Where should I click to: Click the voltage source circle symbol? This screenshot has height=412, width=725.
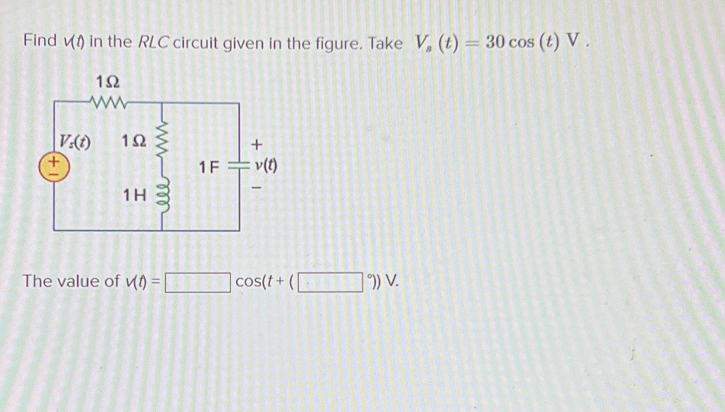coord(54,167)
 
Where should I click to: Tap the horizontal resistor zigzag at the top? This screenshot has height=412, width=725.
coord(109,102)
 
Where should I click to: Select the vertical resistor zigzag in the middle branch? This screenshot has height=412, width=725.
coord(163,141)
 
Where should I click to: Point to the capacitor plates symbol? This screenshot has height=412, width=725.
coord(239,166)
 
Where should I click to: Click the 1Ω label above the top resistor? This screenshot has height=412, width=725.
coord(108,82)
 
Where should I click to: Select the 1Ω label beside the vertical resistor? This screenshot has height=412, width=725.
coord(133,141)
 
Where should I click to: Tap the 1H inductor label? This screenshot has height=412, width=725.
coord(134,195)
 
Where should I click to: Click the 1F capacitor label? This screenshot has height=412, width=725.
coord(209,167)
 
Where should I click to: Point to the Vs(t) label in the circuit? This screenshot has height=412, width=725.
coord(75,141)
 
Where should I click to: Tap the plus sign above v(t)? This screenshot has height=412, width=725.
coord(256,144)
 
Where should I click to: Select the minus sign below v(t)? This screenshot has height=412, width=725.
coord(256,188)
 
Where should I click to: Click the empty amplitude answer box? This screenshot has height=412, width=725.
coord(198,282)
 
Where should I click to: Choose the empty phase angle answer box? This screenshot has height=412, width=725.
coord(330,282)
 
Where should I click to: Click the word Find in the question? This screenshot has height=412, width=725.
coord(40,41)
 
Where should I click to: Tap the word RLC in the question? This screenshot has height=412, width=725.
coord(153,42)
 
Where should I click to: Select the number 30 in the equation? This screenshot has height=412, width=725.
coord(496,42)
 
